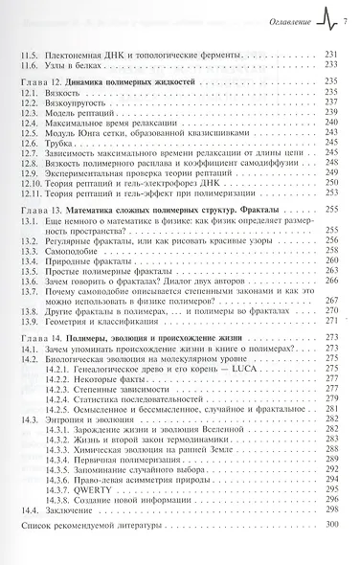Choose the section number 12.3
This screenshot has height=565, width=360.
pos(30,118)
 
